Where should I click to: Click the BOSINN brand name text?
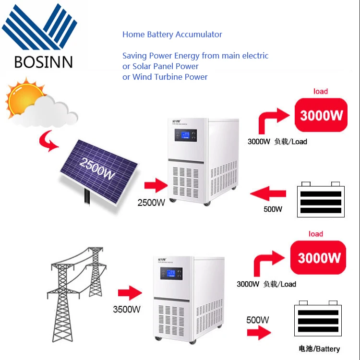tap(43, 62)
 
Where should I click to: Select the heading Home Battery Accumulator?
tap(172, 34)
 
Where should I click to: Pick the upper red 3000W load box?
tap(321, 115)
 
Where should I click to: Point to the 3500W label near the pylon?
tap(127, 310)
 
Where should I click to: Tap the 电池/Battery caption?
tap(319, 349)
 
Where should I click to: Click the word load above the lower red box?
tap(315, 234)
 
